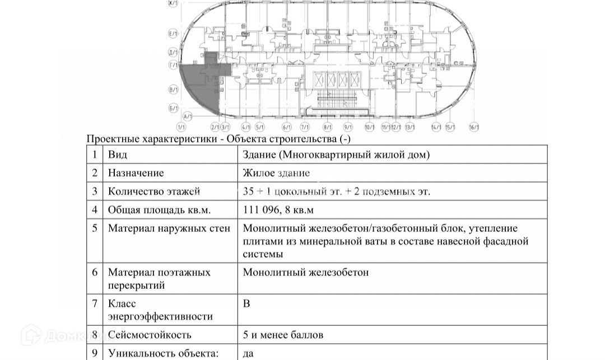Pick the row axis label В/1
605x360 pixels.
(x=173, y=90)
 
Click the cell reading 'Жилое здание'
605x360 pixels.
(x=276, y=174)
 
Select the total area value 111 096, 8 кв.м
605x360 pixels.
(x=279, y=211)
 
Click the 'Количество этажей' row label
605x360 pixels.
(x=153, y=192)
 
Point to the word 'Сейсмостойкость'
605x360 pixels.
(x=150, y=335)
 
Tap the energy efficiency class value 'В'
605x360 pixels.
(x=246, y=304)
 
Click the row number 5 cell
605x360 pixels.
(x=95, y=228)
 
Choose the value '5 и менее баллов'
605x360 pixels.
(x=283, y=335)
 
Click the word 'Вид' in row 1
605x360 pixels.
(x=118, y=155)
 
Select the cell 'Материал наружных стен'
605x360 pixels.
(x=169, y=228)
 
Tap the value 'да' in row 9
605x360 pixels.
(x=249, y=353)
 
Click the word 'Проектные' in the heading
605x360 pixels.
(x=111, y=139)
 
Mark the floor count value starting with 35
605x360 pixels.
(x=337, y=192)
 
